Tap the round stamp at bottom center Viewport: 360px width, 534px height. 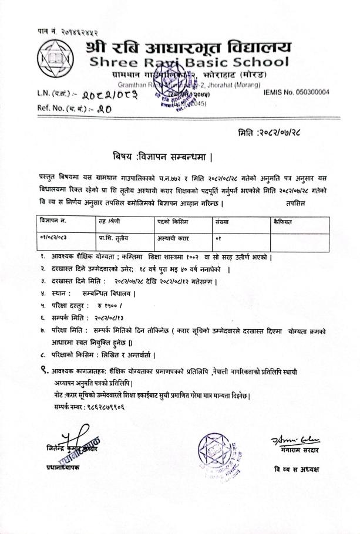coord(218,449)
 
